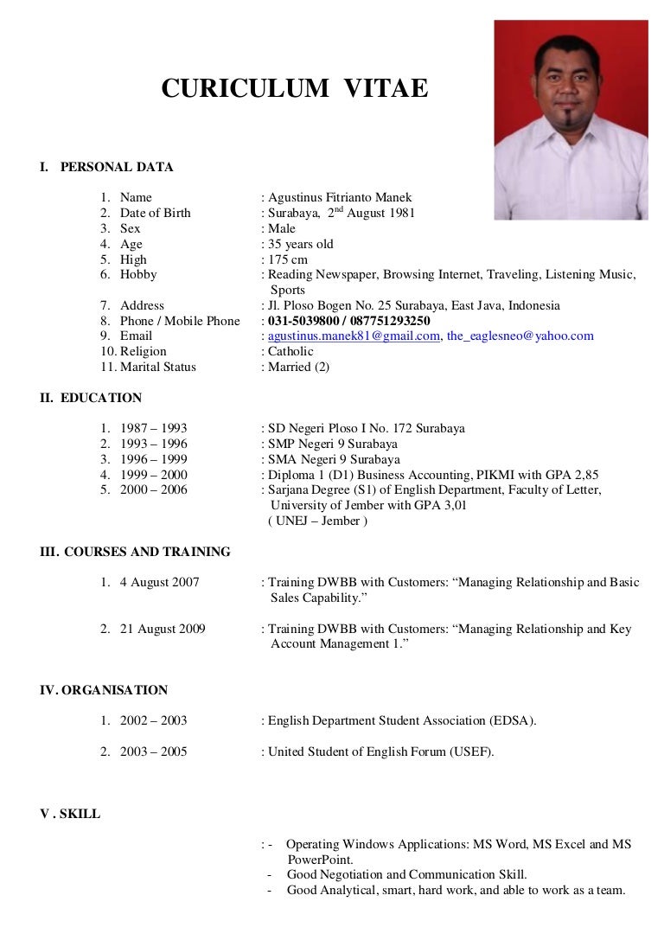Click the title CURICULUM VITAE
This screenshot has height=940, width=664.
294,88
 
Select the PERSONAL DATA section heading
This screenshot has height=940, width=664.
116,167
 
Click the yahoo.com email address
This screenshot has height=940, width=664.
520,336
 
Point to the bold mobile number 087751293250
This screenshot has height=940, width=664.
389,321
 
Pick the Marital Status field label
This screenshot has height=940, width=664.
158,368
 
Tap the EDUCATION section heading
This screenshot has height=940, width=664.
101,399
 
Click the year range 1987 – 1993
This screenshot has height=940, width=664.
153,429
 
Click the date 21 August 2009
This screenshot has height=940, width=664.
163,630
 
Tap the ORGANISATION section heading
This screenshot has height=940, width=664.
113,691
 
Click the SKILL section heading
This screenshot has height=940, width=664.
80,815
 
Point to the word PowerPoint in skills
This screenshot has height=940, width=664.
319,860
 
